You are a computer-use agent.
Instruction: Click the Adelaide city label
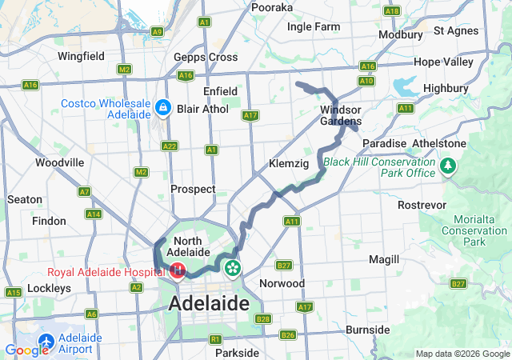tap(212, 304)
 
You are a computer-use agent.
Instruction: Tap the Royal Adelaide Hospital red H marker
tap(178, 271)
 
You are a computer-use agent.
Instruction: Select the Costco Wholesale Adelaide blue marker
tap(163, 106)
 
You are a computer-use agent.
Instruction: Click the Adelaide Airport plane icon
tap(46, 342)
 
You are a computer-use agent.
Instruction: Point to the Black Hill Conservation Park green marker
tap(448, 166)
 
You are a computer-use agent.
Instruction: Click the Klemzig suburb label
tap(289, 163)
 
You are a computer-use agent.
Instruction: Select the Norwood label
tap(282, 283)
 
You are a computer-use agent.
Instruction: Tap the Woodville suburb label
tap(60, 162)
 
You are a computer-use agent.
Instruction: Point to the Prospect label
tap(193, 189)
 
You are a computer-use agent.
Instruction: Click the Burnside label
tap(367, 330)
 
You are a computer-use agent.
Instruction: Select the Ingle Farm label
tap(314, 26)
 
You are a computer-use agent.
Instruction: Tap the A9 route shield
tap(157, 31)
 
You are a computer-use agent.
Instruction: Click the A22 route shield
tap(170, 146)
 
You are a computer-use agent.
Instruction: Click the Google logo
tap(26, 350)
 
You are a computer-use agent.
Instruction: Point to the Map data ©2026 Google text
tap(462, 354)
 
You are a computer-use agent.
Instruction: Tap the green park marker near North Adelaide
tap(232, 267)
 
